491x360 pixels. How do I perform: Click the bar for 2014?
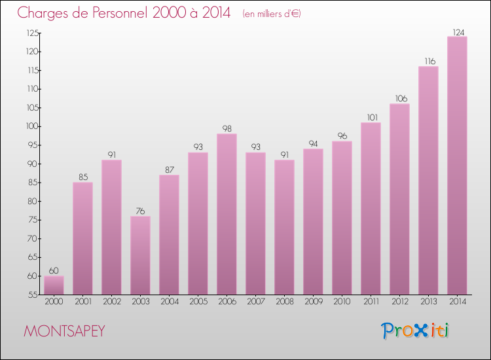click(x=457, y=165)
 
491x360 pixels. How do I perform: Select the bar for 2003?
click(x=140, y=255)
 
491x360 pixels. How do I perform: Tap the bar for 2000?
click(x=54, y=285)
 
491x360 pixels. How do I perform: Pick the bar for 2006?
click(x=227, y=213)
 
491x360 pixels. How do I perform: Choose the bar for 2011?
click(x=371, y=208)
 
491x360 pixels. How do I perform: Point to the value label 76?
click(x=140, y=211)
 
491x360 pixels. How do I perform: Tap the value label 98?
click(x=227, y=128)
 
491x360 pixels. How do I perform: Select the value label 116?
click(x=428, y=61)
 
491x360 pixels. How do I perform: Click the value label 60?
click(x=54, y=270)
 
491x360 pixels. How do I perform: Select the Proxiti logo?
click(x=416, y=331)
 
